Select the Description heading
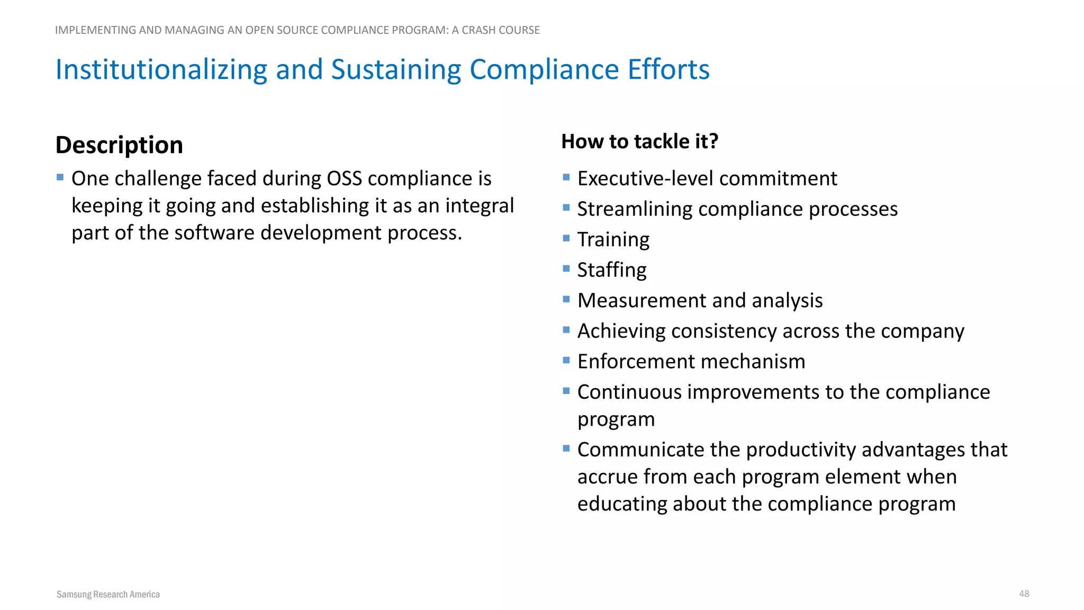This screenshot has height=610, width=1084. point(119,145)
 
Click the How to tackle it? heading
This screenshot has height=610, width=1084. point(639,141)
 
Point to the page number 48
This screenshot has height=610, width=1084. point(1024,594)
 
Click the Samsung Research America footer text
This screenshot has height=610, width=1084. point(108,594)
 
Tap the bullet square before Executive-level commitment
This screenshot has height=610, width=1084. point(566,177)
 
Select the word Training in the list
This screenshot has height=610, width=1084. point(613,239)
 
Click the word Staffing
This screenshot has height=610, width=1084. point(611,270)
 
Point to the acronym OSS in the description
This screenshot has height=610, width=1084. point(344,179)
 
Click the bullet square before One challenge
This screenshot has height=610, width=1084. point(60,177)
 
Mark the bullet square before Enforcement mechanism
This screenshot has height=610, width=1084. point(566,361)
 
